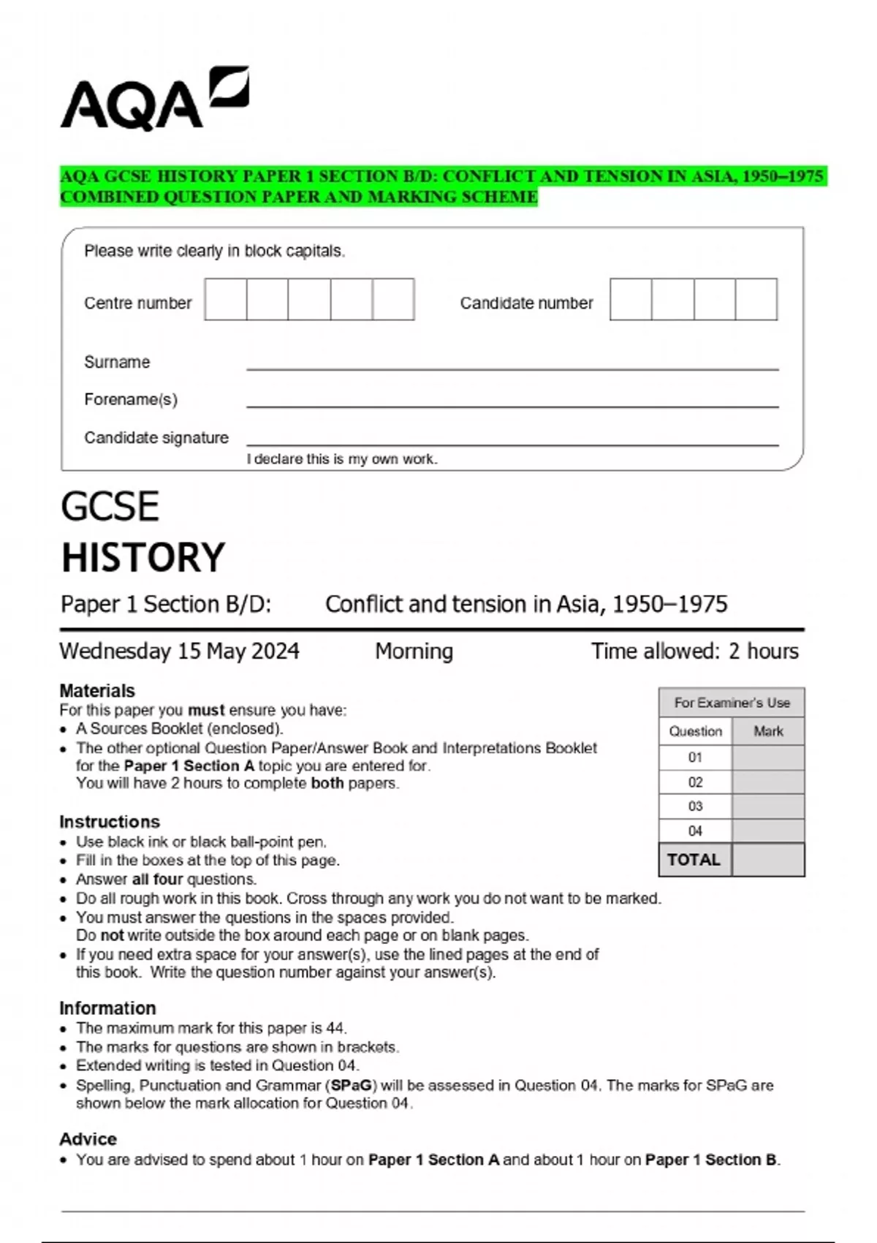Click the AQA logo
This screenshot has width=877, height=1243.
153,100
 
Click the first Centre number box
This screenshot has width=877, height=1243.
226,299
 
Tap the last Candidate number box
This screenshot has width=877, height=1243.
756,299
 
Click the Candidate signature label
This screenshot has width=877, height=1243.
156,437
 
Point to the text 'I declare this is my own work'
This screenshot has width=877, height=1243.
341,459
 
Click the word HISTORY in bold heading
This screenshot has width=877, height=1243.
143,557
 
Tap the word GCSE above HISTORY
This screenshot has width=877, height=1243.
110,506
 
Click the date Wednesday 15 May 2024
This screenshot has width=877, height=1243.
179,651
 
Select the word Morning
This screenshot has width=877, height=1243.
414,651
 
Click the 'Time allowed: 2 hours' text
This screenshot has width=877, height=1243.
694,651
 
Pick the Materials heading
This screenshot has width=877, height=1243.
97,690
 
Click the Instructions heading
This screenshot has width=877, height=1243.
110,821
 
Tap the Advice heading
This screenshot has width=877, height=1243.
88,1138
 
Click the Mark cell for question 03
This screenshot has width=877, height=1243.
767,806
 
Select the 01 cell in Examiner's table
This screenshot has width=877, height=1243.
695,757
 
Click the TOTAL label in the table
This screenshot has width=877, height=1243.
694,860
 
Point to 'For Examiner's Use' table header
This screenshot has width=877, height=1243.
732,703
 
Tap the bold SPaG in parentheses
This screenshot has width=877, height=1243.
352,1085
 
